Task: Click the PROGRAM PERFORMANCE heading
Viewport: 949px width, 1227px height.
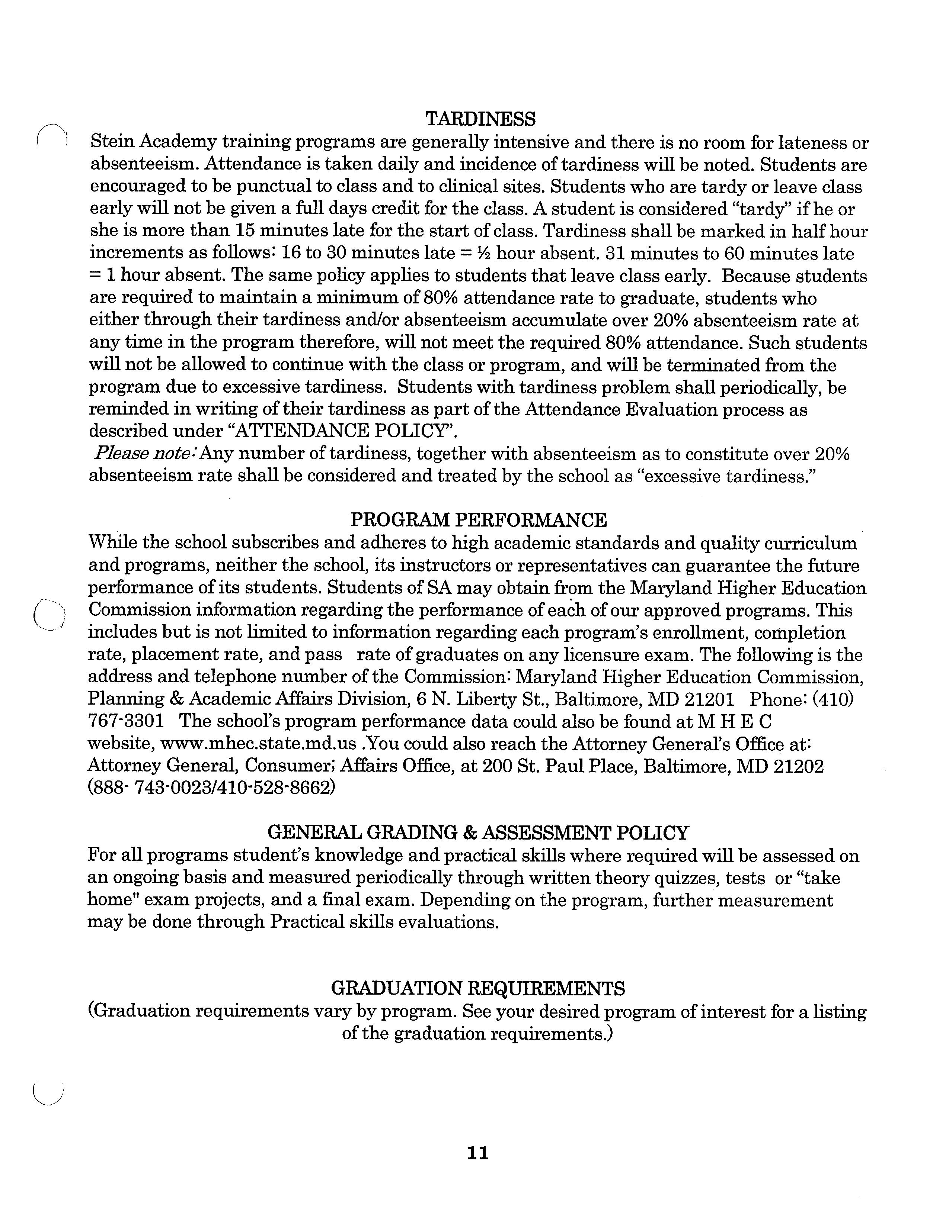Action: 479,520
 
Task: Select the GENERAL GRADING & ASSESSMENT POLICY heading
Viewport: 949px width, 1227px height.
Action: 478,832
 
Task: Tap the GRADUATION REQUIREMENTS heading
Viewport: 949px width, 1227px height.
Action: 478,988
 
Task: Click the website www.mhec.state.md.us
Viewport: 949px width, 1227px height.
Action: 259,744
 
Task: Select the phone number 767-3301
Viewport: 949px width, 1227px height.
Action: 126,721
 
